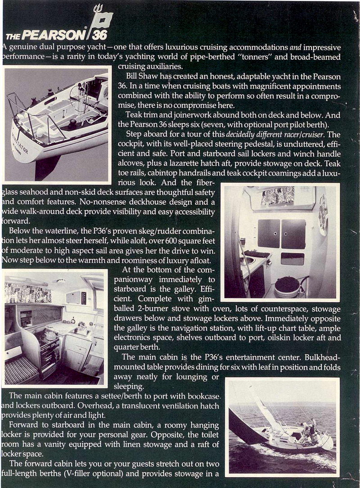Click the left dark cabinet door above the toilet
269,234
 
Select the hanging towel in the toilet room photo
323,216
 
